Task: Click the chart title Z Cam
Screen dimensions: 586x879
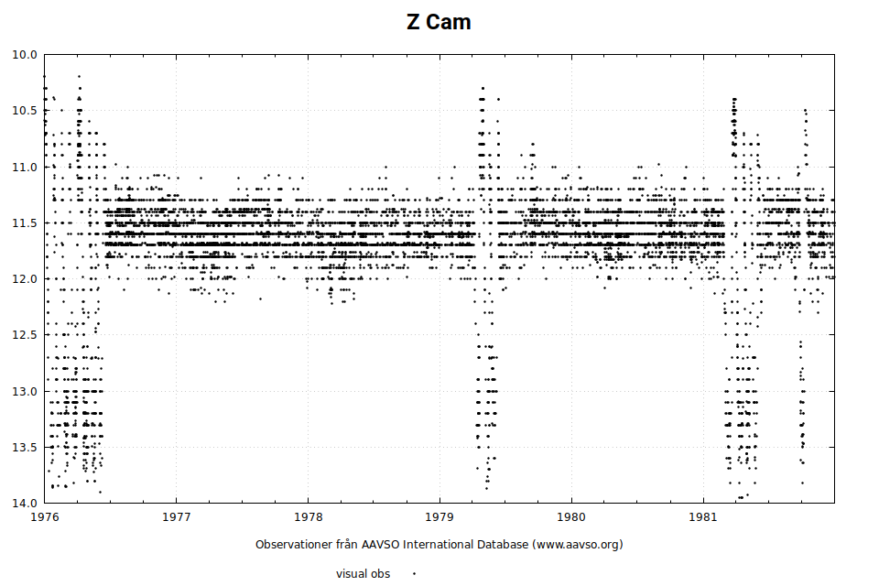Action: point(439,22)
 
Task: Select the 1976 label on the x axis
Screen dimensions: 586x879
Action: point(45,517)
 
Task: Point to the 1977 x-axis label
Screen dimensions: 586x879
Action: point(177,517)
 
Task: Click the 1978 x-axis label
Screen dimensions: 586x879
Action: point(309,517)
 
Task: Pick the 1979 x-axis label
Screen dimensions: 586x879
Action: point(439,517)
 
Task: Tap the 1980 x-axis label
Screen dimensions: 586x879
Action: point(571,517)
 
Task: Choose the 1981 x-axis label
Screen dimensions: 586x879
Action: point(703,517)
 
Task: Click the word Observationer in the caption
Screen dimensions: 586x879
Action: point(293,545)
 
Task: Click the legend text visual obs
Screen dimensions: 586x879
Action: point(363,574)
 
